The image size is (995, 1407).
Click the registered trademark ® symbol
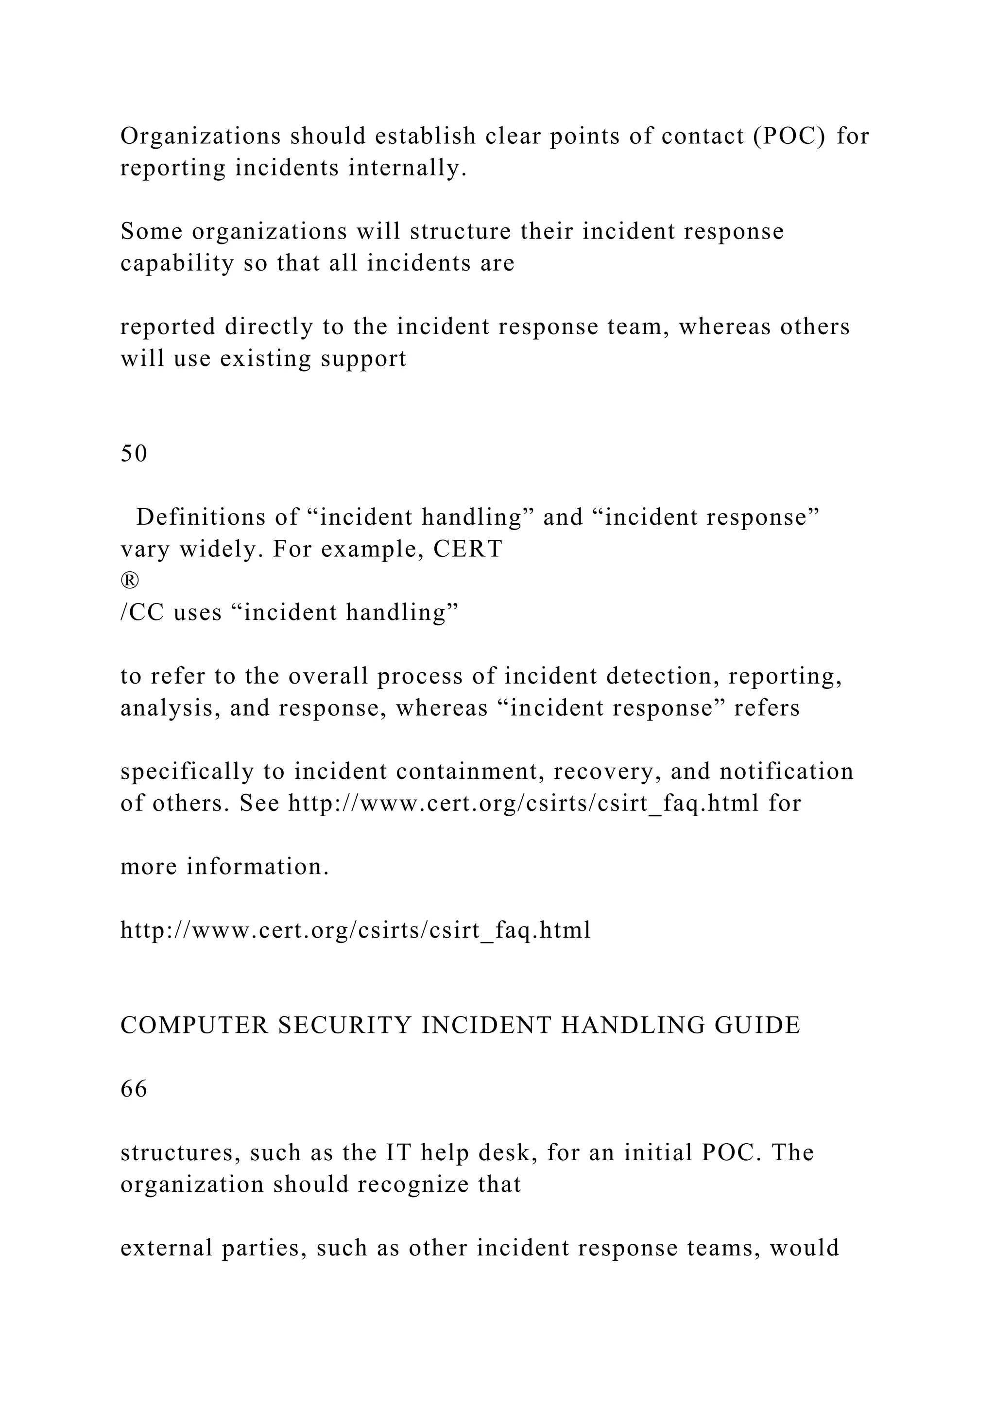[x=130, y=580]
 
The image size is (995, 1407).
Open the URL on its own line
[x=355, y=931]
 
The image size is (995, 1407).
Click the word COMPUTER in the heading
[x=194, y=1026]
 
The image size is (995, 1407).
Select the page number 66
[x=134, y=1089]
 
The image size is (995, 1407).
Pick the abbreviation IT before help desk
[x=399, y=1153]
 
